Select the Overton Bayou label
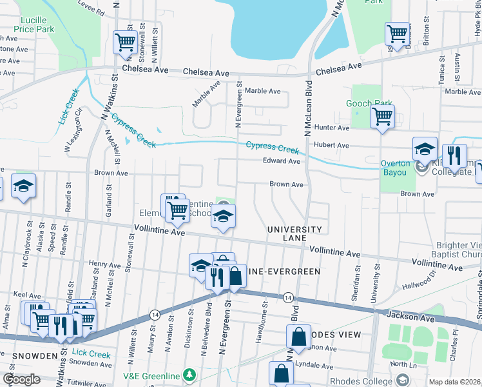394,168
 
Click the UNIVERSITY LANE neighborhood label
294,233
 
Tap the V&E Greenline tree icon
189,374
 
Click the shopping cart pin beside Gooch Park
382,117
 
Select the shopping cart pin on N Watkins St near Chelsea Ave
124,43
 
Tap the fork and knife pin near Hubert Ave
455,156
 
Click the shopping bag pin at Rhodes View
299,336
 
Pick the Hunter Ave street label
332,128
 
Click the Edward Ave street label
281,161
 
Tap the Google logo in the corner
21,379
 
